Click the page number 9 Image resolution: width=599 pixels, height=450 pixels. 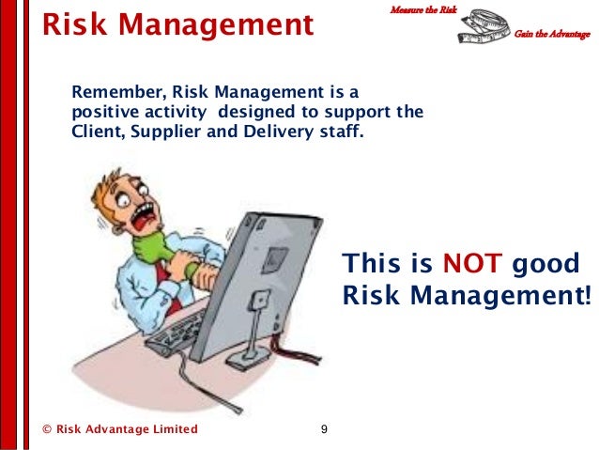click(x=324, y=429)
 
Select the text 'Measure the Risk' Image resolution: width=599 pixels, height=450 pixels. click(x=422, y=9)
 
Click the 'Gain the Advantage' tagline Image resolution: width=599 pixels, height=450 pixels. click(x=551, y=35)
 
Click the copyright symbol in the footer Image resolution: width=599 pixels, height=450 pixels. click(x=47, y=429)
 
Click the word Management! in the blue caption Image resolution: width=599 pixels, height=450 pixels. click(x=503, y=297)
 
